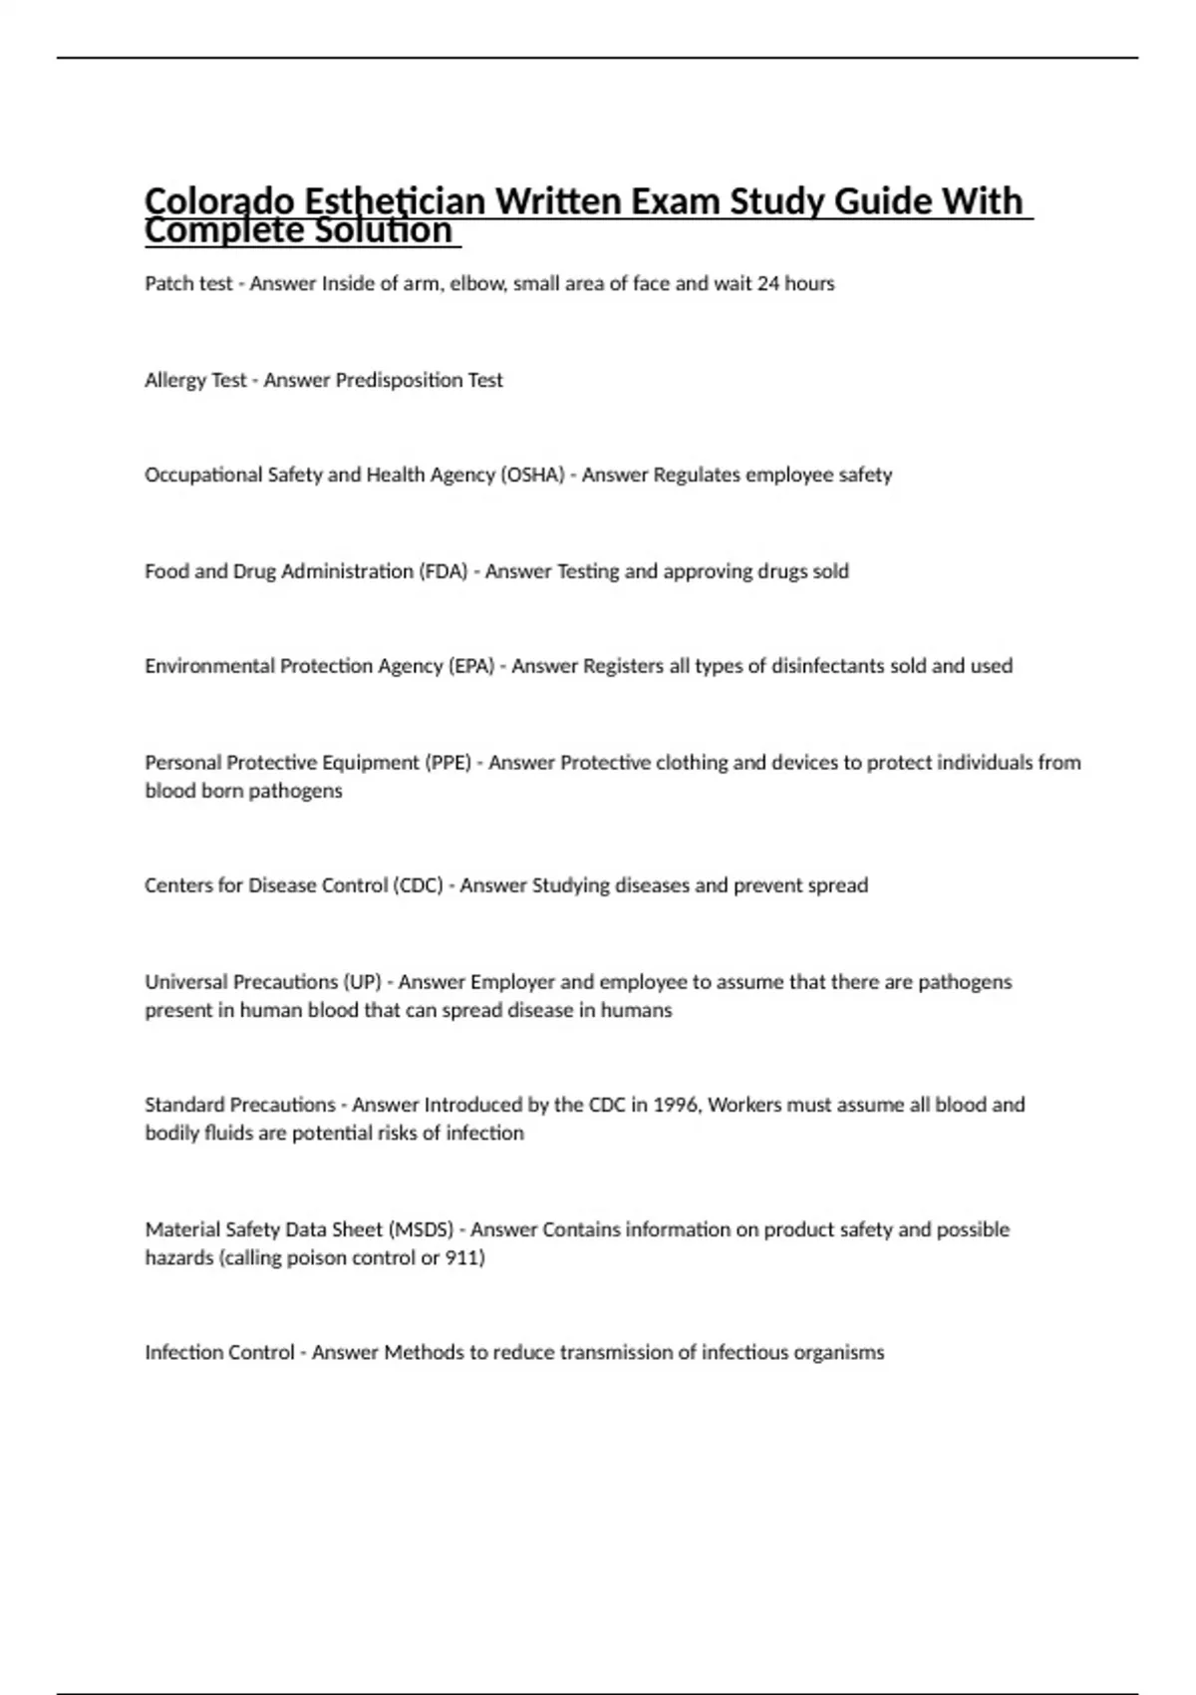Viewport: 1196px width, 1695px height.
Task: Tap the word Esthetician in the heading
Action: (x=394, y=201)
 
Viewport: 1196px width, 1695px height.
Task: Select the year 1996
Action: (x=676, y=1105)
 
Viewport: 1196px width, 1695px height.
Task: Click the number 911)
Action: (x=465, y=1258)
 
